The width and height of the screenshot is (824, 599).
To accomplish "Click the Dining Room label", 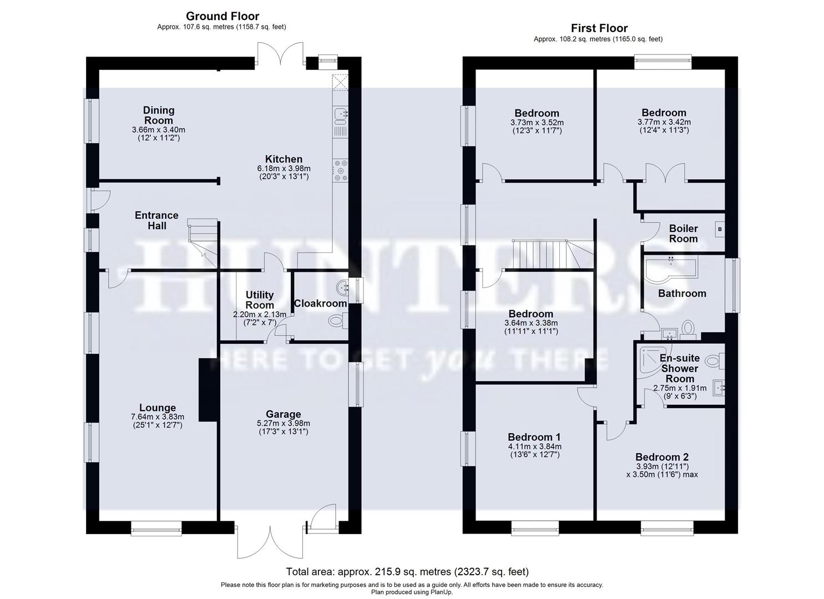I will (x=159, y=115).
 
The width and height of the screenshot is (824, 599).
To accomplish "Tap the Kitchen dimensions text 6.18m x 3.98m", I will (x=284, y=169).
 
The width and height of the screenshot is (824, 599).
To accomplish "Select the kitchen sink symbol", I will (x=340, y=114).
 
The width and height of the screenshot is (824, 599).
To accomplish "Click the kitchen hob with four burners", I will (x=339, y=170).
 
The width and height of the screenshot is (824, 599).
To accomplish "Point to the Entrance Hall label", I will (x=156, y=220).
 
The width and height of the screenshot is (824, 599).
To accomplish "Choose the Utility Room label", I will (x=259, y=299).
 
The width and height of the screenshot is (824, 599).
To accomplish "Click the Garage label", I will (x=283, y=414).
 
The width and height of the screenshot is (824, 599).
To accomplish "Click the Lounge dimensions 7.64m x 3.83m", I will (x=158, y=417).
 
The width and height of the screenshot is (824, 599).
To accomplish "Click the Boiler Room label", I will (x=683, y=233).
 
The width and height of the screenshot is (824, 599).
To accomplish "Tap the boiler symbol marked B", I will (x=720, y=229).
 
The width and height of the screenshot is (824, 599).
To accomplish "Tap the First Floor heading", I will (x=599, y=28).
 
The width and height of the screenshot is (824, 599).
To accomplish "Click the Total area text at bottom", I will (x=407, y=571).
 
